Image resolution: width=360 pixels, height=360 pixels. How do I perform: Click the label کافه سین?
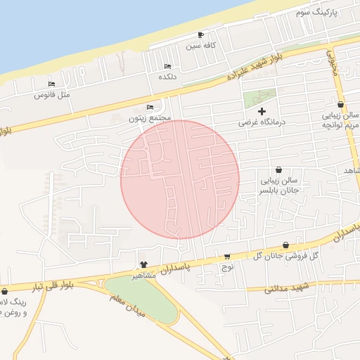pos(200,46)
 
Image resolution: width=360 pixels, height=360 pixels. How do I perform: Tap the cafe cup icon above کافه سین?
pos(201,35)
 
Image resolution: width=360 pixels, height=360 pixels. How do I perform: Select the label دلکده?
pos(167,76)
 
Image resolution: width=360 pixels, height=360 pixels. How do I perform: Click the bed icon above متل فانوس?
pos(51,84)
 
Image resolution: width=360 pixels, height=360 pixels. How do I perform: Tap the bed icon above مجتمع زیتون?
pos(150,108)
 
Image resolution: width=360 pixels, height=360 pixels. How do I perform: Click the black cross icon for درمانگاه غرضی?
pos(262,111)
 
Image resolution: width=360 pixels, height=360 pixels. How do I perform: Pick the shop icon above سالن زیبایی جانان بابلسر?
pos(279,169)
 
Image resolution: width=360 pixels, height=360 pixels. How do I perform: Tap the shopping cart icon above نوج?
pos(227,257)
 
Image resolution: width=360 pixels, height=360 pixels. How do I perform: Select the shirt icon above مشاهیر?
pos(144,264)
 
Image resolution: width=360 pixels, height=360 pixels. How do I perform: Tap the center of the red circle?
pos(180,179)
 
